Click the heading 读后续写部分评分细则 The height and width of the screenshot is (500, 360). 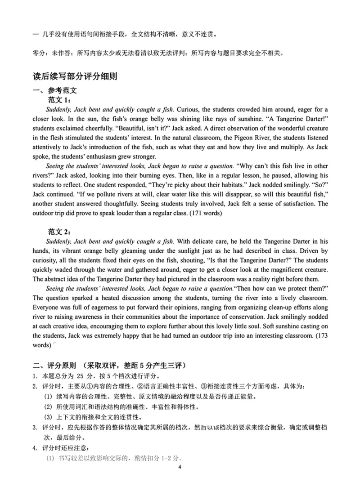click(x=76, y=76)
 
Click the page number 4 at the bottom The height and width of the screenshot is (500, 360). click(x=180, y=467)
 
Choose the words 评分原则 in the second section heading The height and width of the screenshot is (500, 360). click(x=62, y=365)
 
